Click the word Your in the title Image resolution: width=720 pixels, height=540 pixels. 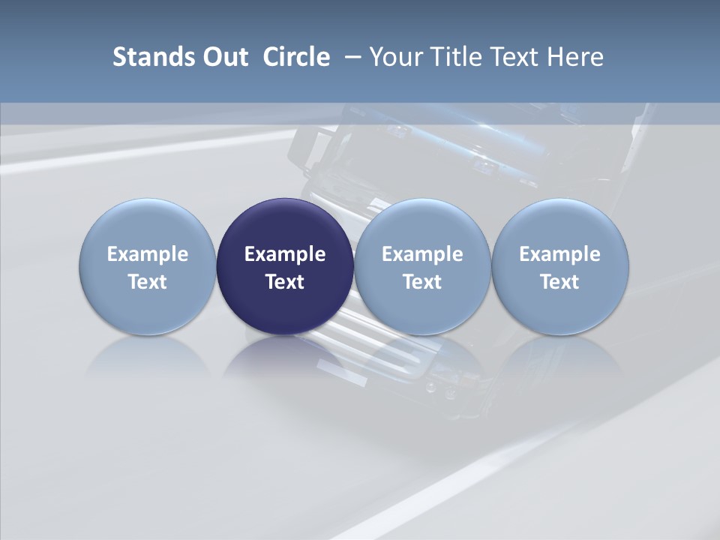click(394, 57)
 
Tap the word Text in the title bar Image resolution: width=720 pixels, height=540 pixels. click(514, 57)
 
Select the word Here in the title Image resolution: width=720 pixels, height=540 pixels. click(575, 57)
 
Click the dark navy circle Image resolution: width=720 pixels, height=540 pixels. click(285, 225)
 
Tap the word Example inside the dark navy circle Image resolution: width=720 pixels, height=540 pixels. click(285, 254)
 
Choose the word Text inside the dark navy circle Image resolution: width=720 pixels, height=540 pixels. click(285, 282)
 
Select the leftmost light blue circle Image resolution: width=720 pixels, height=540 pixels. click(148, 225)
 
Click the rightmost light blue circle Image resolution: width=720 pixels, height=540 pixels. click(560, 225)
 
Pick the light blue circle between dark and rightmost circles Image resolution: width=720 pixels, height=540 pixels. click(422, 225)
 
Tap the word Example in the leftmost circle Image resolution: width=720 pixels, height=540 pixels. click(148, 254)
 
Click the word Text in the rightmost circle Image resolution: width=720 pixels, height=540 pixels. click(560, 282)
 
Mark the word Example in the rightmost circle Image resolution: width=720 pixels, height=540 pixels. click(560, 254)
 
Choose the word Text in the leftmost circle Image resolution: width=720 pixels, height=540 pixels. click(148, 282)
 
